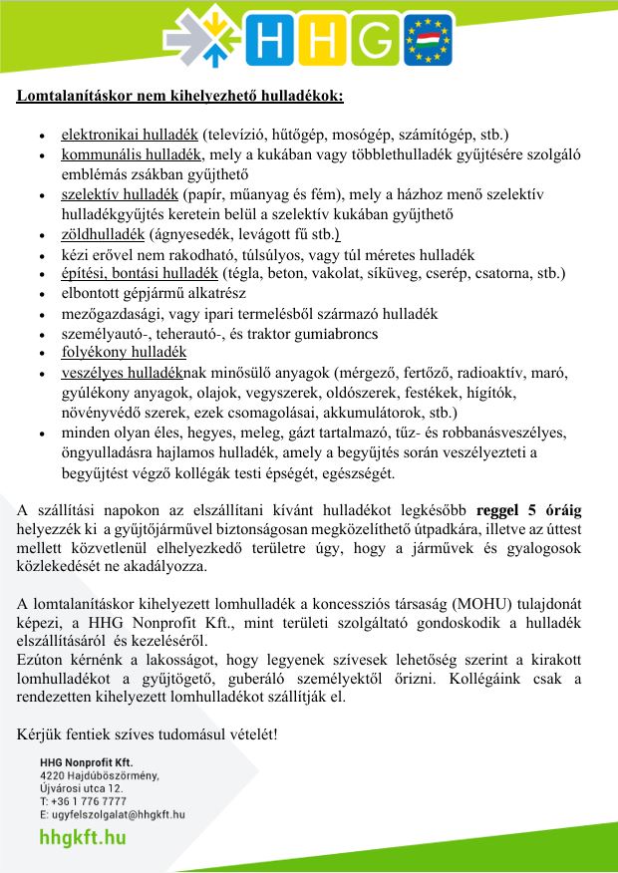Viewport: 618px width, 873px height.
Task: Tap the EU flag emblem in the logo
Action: tap(428, 40)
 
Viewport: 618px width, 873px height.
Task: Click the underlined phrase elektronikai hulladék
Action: tap(129, 134)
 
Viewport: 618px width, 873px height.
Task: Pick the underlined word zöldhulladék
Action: tap(103, 235)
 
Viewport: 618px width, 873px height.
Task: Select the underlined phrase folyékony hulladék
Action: tap(124, 352)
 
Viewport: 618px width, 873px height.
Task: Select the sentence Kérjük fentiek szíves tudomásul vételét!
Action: tap(147, 734)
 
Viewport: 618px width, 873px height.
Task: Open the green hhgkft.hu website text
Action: tap(83, 838)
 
